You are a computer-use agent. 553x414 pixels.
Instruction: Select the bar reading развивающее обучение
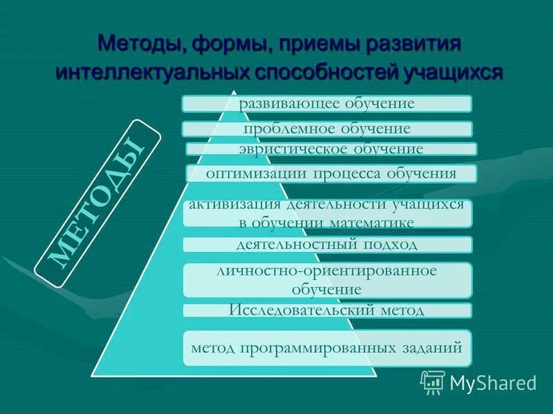point(327,104)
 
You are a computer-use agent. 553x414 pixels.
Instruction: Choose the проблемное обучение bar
point(327,129)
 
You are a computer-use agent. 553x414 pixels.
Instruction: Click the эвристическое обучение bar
point(331,148)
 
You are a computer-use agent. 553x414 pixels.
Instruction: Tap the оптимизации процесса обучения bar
point(331,173)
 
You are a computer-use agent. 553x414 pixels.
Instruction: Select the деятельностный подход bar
point(327,244)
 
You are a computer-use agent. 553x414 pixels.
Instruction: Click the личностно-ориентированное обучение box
point(327,279)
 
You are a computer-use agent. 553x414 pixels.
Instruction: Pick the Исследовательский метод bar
point(327,310)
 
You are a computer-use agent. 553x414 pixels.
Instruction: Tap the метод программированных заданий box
point(327,348)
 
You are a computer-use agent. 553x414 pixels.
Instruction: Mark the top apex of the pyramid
point(234,92)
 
